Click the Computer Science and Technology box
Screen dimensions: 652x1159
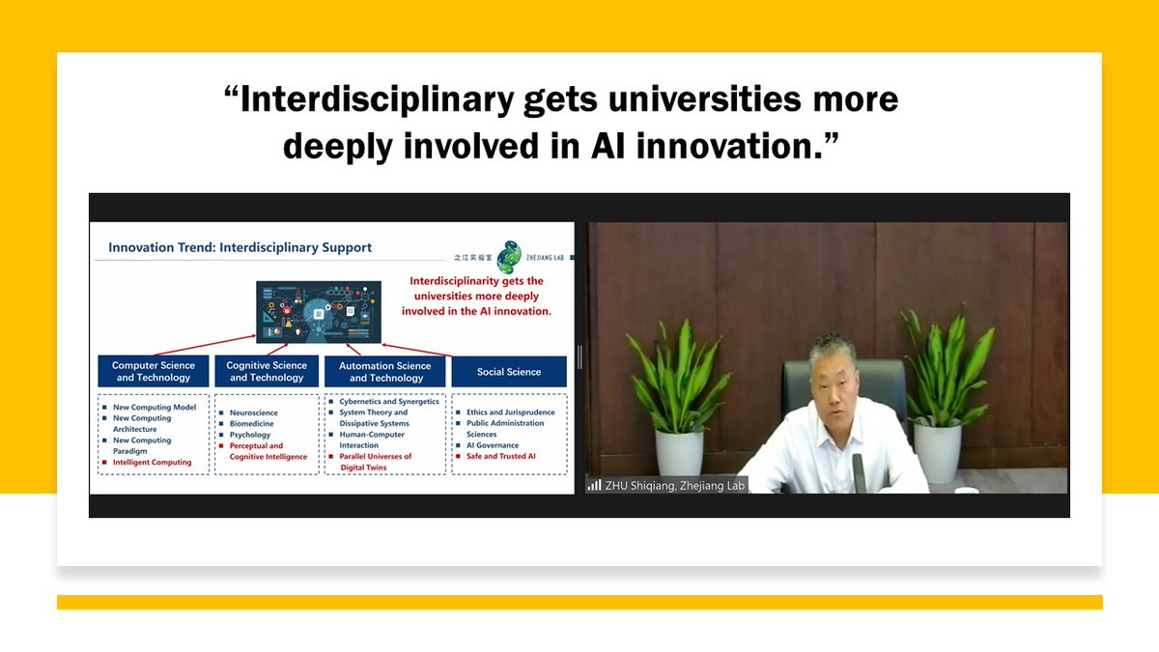tap(154, 372)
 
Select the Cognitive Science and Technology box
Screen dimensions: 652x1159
tap(267, 372)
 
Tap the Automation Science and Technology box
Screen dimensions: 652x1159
tap(385, 372)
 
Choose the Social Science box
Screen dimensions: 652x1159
tap(509, 372)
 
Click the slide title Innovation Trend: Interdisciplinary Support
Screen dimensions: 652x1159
tap(240, 247)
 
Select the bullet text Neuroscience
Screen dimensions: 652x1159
tap(253, 413)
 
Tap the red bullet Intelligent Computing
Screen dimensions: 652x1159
tap(153, 463)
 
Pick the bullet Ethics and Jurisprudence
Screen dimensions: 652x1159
tap(511, 412)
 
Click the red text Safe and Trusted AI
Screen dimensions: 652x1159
tap(500, 456)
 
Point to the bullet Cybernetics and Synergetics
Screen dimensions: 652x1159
tap(388, 402)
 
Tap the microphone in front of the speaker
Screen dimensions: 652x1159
tap(859, 470)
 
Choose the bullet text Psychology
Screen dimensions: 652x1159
tap(250, 435)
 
